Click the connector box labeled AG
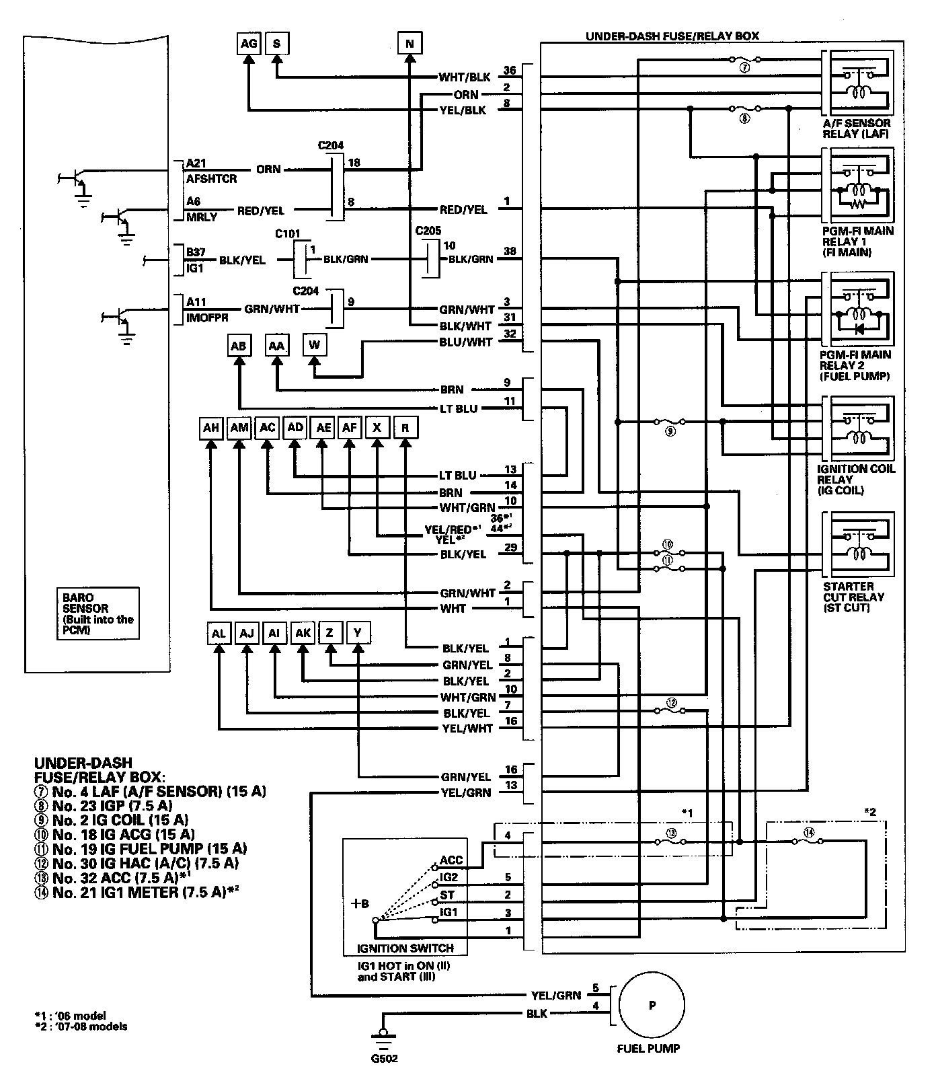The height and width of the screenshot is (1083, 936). pyautogui.click(x=249, y=44)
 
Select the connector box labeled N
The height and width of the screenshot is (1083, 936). pyautogui.click(x=409, y=44)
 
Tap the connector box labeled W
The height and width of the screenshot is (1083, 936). pyautogui.click(x=315, y=346)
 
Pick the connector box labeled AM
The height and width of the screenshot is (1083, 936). pyautogui.click(x=239, y=428)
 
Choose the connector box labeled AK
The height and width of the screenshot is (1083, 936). pyautogui.click(x=303, y=633)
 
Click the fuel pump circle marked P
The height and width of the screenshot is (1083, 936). pyautogui.click(x=652, y=1006)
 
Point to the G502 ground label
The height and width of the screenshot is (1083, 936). pyautogui.click(x=384, y=1058)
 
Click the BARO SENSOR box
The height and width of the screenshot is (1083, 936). pyautogui.click(x=97, y=613)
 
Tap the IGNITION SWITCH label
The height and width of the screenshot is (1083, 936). pyautogui.click(x=405, y=948)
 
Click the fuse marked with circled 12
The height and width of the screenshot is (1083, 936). pyautogui.click(x=670, y=706)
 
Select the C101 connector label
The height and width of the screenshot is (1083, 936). pyautogui.click(x=288, y=234)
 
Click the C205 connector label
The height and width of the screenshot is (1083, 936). pyautogui.click(x=428, y=231)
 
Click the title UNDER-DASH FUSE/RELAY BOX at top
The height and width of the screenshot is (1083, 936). pyautogui.click(x=672, y=36)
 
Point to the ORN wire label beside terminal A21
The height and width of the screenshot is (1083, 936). pyautogui.click(x=268, y=169)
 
